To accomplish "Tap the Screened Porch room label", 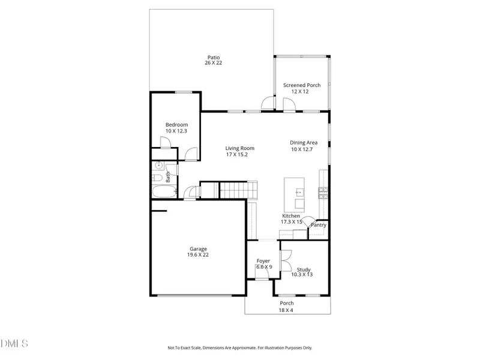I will [x=302, y=85].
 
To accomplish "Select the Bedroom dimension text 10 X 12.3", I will [x=176, y=131].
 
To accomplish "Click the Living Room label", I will [x=240, y=148].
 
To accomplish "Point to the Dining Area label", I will [x=304, y=143].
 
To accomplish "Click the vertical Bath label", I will [x=169, y=177].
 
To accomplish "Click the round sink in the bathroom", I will [x=158, y=166].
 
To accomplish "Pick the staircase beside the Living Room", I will [x=235, y=191].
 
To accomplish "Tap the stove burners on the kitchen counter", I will [x=323, y=192].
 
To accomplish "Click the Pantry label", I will [x=318, y=225].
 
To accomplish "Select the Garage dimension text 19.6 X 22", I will [x=199, y=255].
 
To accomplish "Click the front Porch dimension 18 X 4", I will [x=287, y=310].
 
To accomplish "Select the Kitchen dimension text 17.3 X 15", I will [x=291, y=222].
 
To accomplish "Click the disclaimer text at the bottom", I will [x=239, y=347].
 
